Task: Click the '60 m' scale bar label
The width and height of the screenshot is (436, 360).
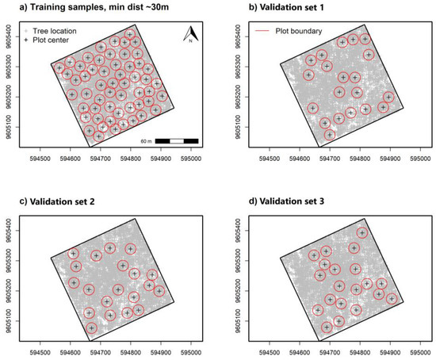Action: coord(143,140)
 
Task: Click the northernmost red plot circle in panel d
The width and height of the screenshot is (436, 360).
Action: coord(362,233)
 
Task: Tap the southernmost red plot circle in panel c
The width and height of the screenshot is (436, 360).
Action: coord(92,328)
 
